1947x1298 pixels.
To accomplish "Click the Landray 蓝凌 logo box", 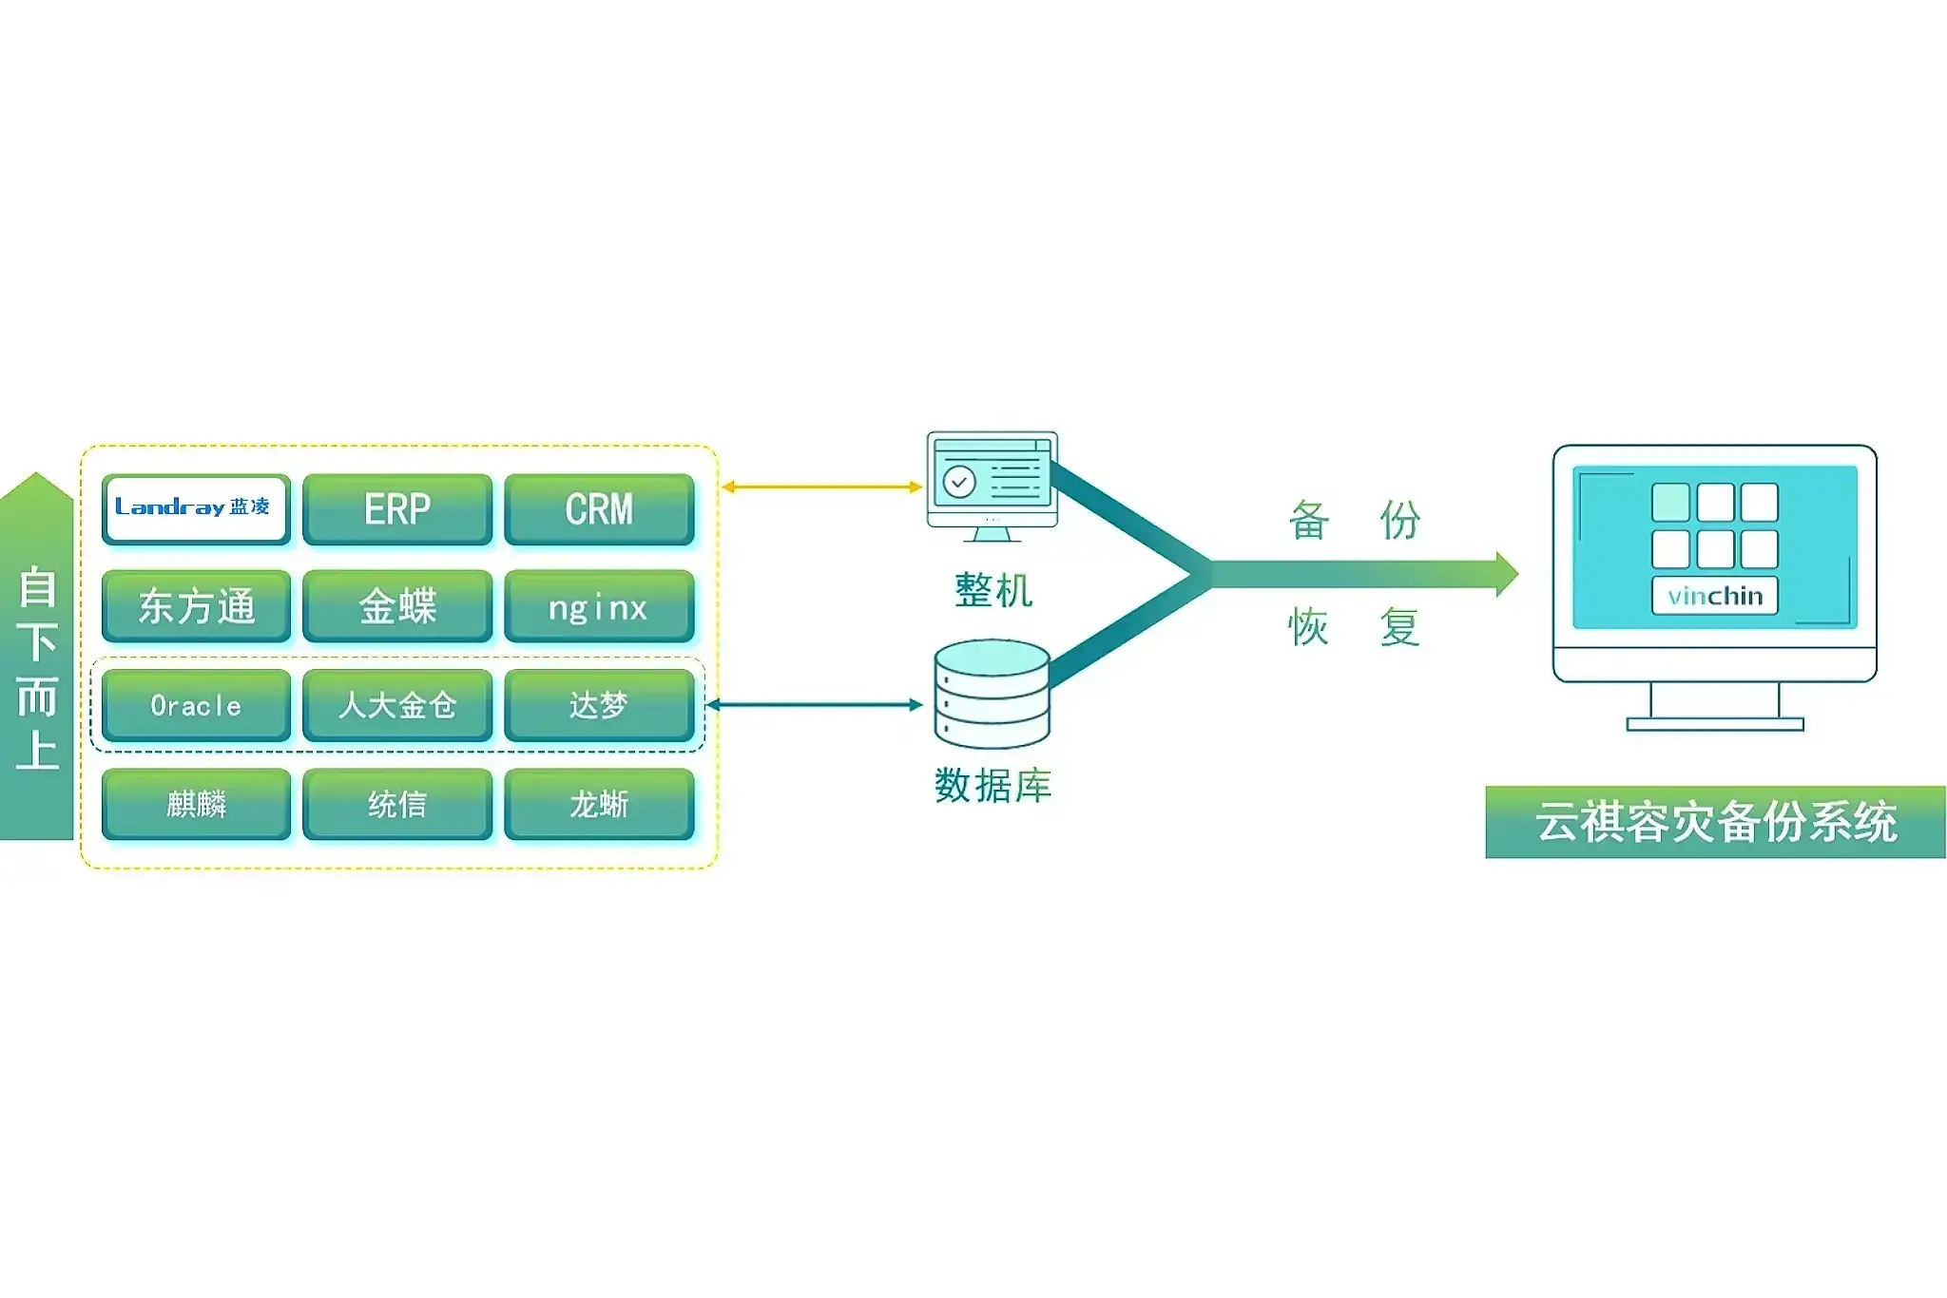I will tap(195, 508).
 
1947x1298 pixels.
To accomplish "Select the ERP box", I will tap(397, 509).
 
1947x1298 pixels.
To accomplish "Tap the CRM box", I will tap(599, 509).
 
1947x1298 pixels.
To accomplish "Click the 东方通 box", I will tap(196, 606).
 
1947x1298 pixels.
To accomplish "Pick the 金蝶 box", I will tap(397, 606).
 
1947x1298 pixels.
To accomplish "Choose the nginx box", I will tap(599, 606).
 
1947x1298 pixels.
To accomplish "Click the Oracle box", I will tap(196, 705).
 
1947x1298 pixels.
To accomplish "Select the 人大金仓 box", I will tap(397, 705).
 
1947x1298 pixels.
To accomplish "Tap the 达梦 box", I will tap(599, 705).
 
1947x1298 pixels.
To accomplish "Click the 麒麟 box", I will tap(196, 804).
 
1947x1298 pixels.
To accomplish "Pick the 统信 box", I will tap(397, 804).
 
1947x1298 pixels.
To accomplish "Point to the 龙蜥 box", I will tap(599, 804).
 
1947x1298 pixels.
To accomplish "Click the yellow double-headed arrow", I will tap(821, 487).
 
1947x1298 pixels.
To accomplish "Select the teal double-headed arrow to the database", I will tap(814, 705).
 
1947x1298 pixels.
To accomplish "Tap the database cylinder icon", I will tap(992, 694).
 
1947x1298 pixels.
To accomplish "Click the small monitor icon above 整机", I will tap(992, 485).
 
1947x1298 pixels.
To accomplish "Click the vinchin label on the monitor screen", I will tap(1715, 596).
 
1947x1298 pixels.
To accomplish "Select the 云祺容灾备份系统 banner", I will tap(1715, 822).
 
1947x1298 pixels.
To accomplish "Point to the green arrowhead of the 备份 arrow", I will tap(1506, 574).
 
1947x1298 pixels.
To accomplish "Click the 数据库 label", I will tap(993, 786).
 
